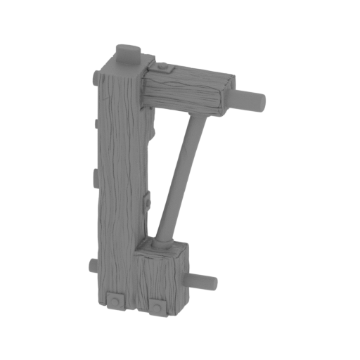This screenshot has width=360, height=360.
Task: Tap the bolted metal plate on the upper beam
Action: click(x=162, y=67)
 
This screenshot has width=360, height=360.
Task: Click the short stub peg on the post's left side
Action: click(x=91, y=267)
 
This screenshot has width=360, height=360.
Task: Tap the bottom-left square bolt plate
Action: click(x=113, y=300)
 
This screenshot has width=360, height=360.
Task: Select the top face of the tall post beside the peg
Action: click(x=112, y=69)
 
